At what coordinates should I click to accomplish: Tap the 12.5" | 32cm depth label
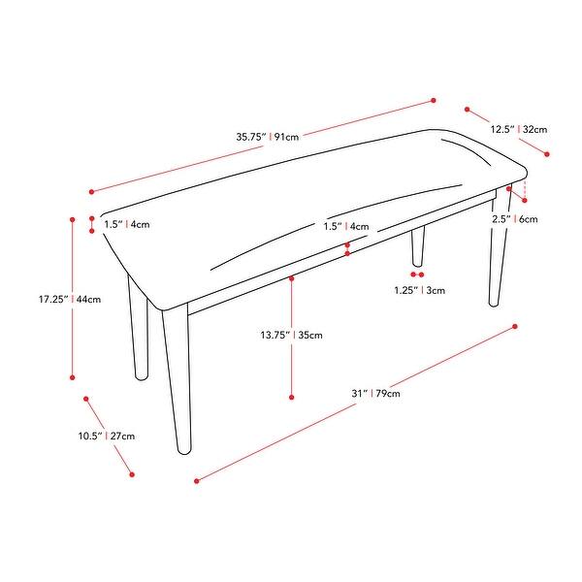[519, 129]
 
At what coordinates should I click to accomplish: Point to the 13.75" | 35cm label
[291, 336]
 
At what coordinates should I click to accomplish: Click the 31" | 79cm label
[376, 393]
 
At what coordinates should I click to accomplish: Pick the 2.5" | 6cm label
[514, 219]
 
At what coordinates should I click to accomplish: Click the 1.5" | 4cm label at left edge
[126, 224]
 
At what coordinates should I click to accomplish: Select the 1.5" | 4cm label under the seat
[347, 227]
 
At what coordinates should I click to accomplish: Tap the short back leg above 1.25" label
[418, 247]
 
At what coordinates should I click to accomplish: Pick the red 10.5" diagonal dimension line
[109, 436]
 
